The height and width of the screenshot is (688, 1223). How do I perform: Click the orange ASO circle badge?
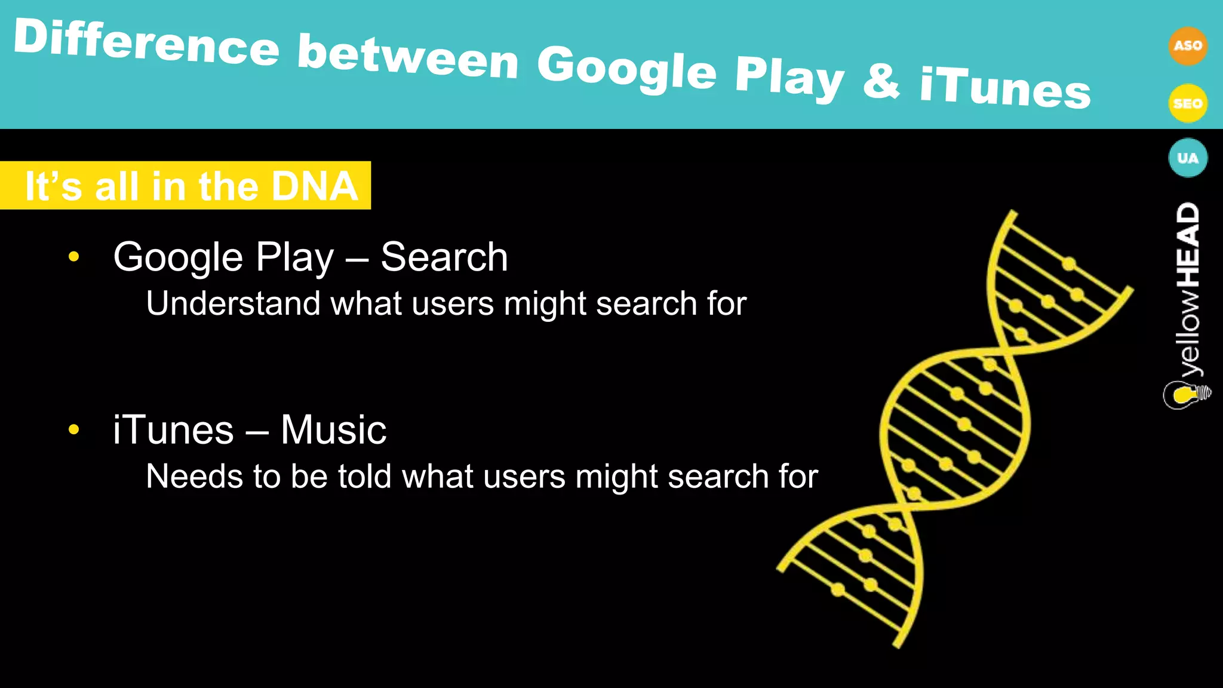pos(1187,46)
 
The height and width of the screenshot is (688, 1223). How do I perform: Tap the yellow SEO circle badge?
pos(1187,103)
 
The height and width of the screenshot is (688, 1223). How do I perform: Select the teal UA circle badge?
pos(1187,158)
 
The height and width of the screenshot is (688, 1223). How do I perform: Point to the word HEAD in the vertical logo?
pos(1188,245)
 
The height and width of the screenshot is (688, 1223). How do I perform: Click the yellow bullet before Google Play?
pos(74,257)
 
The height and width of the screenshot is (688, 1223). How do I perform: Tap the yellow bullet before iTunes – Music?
pos(74,429)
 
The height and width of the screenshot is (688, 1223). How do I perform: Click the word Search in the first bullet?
pos(444,257)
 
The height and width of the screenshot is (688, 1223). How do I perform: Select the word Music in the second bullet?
pos(333,430)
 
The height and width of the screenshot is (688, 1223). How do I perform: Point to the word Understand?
pos(233,303)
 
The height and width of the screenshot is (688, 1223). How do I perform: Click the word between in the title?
pos(408,56)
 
